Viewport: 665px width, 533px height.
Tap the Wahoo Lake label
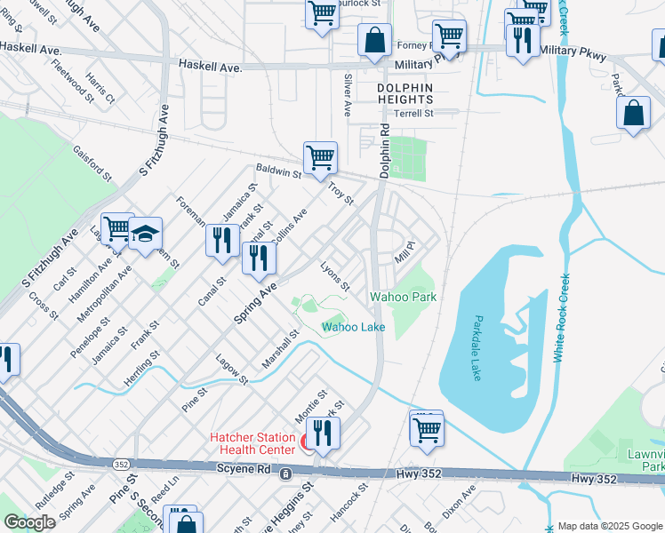pyautogui.click(x=353, y=327)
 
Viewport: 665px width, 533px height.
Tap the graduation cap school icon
pyautogui.click(x=145, y=235)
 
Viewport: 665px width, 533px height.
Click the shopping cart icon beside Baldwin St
pyautogui.click(x=320, y=159)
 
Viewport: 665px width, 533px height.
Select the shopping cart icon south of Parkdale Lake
pyautogui.click(x=427, y=429)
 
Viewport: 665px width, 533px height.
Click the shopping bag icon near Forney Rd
pyautogui.click(x=375, y=40)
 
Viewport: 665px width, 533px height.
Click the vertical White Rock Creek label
pyautogui.click(x=561, y=317)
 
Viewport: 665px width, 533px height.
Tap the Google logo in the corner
pyautogui.click(x=29, y=522)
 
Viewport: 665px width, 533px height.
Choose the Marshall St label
pyautogui.click(x=278, y=350)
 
